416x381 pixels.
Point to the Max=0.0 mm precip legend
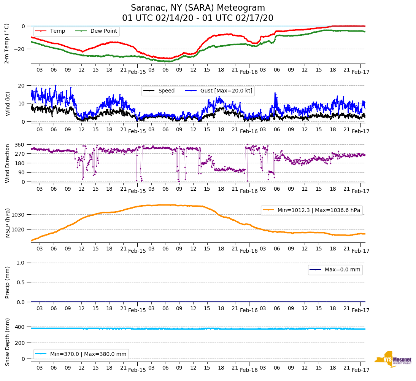tap(335, 270)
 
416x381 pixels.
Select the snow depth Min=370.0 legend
tap(81, 354)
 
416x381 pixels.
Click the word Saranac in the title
tap(147, 8)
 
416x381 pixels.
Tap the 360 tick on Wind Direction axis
tap(20, 145)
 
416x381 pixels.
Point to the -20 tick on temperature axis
tap(18, 49)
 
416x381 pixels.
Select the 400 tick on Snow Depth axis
tap(20, 327)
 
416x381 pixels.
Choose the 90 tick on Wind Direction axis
tap(21, 172)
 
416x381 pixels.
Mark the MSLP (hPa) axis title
tap(8, 223)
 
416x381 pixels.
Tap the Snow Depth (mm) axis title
tap(8, 341)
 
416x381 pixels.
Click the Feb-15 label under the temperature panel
tap(137, 72)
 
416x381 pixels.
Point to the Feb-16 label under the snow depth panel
tap(249, 370)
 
